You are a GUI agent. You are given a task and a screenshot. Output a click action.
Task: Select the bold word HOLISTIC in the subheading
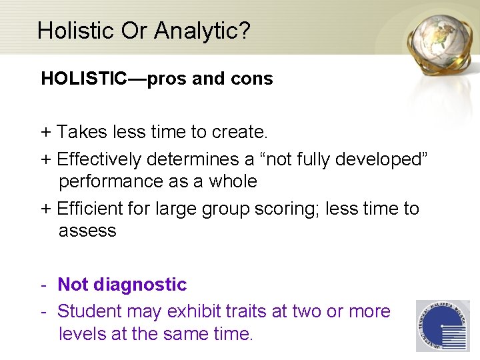(84, 79)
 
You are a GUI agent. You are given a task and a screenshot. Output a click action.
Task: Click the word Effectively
(99, 159)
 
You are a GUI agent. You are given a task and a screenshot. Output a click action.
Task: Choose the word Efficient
(93, 209)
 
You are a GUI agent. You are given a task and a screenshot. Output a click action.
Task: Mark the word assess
(87, 231)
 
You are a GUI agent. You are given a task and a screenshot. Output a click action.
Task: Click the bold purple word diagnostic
(140, 285)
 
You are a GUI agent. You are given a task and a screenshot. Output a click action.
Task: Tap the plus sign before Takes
(46, 133)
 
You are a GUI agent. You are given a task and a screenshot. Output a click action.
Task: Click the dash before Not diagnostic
(43, 285)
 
